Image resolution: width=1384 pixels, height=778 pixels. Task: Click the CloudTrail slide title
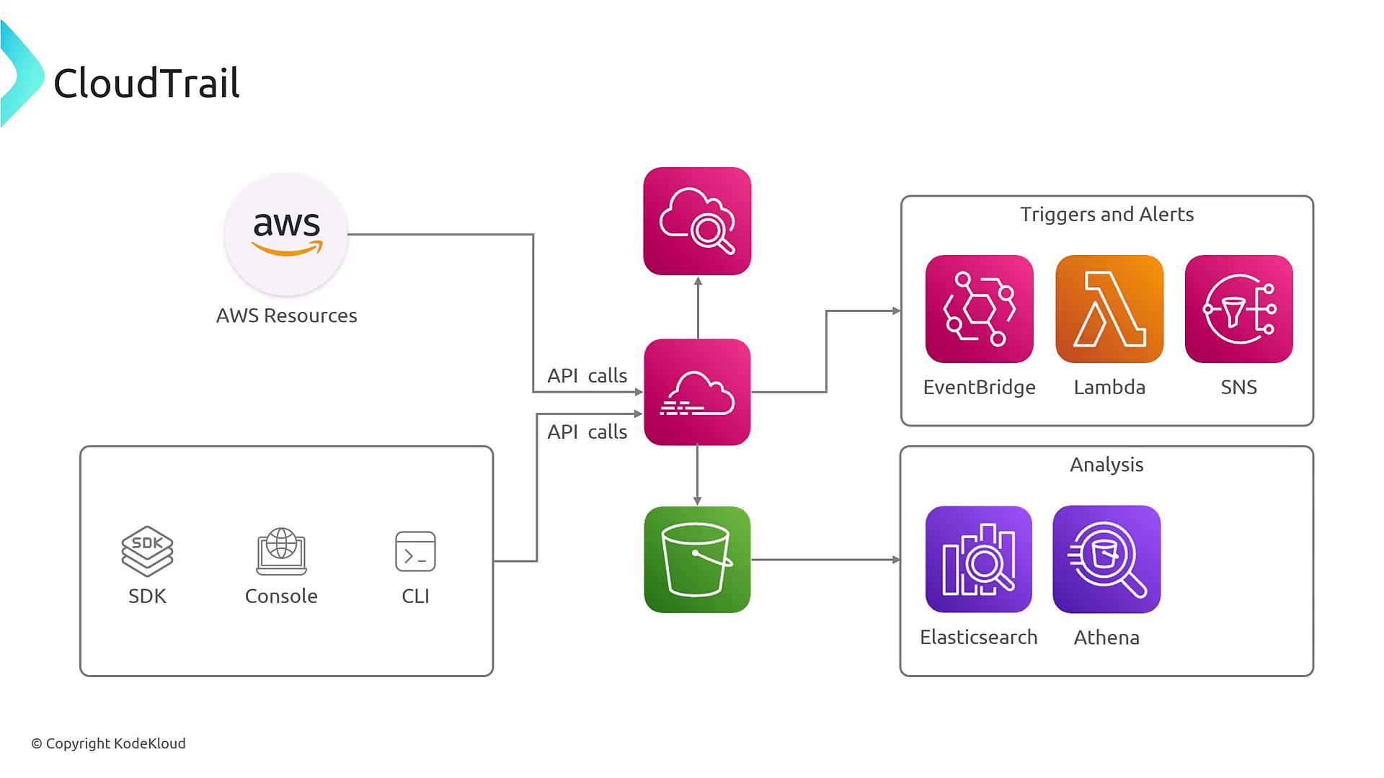pyautogui.click(x=146, y=83)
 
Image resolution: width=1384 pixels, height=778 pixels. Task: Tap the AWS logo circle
pyautogui.click(x=286, y=234)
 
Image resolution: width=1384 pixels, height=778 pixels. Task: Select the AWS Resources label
pyautogui.click(x=286, y=316)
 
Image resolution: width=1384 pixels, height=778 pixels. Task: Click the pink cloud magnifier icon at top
pyautogui.click(x=697, y=221)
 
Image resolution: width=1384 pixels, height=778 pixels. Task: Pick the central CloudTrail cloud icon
pyautogui.click(x=697, y=393)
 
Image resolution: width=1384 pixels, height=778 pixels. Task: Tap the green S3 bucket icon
pyautogui.click(x=697, y=560)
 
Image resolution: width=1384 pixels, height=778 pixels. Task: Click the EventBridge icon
pyautogui.click(x=979, y=309)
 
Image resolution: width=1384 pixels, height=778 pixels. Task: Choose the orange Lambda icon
pyautogui.click(x=1109, y=309)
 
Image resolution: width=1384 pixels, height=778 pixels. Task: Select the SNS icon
pyautogui.click(x=1238, y=309)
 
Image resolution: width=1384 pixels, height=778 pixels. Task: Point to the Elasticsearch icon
pyautogui.click(x=979, y=560)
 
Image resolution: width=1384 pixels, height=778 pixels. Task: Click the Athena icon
pyautogui.click(x=1106, y=560)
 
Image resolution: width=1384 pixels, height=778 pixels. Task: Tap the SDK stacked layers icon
pyautogui.click(x=147, y=551)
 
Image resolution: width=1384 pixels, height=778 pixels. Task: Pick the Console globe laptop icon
pyautogui.click(x=281, y=551)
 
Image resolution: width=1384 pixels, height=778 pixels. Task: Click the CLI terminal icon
pyautogui.click(x=415, y=551)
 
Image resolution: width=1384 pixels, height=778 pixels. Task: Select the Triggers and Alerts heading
pyautogui.click(x=1106, y=215)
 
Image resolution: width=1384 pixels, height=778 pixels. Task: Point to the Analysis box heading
pyautogui.click(x=1106, y=465)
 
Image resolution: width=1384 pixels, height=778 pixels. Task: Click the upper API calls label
pyautogui.click(x=587, y=375)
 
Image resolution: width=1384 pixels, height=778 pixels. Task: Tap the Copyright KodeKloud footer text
pyautogui.click(x=108, y=743)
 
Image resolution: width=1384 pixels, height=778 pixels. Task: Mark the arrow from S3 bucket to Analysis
pyautogui.click(x=825, y=560)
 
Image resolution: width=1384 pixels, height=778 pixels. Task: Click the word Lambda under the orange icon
pyautogui.click(x=1109, y=388)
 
